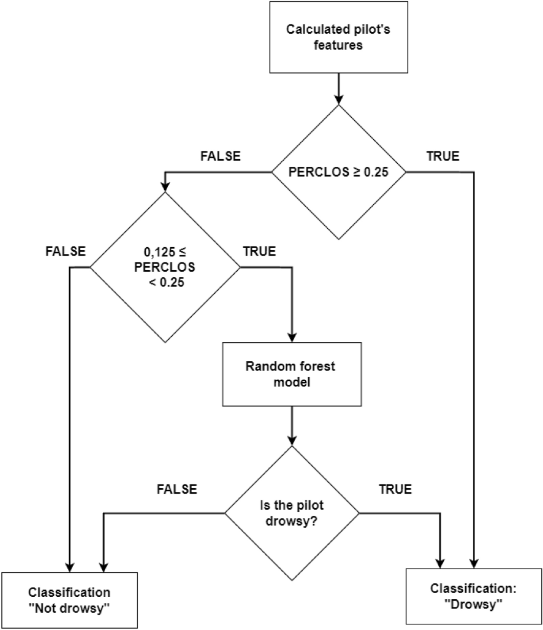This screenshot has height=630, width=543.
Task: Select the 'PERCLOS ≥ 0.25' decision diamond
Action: point(338,173)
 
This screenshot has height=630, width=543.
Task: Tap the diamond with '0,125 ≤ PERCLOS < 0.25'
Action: point(165,267)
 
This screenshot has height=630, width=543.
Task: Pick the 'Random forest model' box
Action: point(292,367)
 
